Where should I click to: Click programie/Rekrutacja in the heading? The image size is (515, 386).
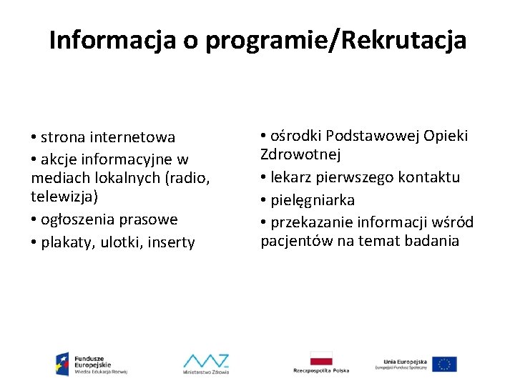tap(336, 41)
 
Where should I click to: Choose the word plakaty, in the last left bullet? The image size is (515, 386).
tap(69, 242)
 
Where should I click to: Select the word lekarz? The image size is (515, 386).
tap(291, 177)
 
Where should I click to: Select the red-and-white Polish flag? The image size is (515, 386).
tap(321, 358)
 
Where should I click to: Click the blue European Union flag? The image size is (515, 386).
tap(444, 364)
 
